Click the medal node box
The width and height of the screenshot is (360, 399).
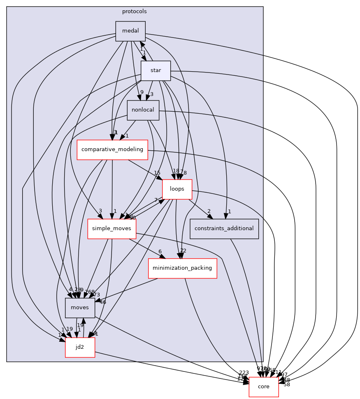(130, 31)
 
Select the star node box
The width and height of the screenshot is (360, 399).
(156, 70)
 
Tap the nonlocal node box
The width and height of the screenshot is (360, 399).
(143, 110)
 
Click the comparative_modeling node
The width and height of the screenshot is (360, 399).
(112, 149)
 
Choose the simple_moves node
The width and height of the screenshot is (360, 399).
(111, 229)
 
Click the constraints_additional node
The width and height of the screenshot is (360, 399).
(224, 229)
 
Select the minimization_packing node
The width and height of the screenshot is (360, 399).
(182, 268)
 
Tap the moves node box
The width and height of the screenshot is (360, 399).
(80, 308)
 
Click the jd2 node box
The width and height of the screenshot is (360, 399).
(80, 347)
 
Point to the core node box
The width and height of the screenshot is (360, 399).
(263, 387)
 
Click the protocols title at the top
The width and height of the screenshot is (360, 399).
(134, 11)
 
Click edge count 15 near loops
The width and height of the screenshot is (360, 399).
(157, 173)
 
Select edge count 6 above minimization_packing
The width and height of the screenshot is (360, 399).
(160, 252)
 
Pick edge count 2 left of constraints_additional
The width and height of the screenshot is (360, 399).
(209, 211)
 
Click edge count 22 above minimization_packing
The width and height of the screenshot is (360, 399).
(183, 251)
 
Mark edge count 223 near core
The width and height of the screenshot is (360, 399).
(244, 372)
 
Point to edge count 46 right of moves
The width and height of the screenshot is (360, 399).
(102, 302)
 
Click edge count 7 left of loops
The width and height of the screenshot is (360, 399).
(156, 200)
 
